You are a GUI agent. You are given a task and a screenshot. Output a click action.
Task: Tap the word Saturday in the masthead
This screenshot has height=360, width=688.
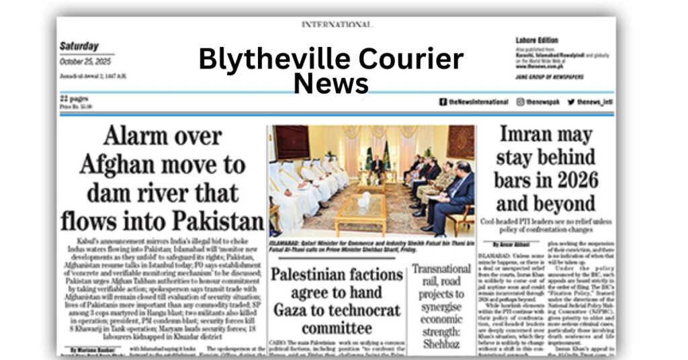[x=80, y=46]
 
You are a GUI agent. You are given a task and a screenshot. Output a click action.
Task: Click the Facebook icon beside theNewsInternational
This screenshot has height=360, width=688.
[x=443, y=102]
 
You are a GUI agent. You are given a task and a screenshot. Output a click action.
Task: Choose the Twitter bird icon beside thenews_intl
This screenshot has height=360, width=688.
[x=570, y=102]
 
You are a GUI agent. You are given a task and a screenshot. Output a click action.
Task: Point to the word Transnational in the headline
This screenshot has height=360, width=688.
[x=441, y=269]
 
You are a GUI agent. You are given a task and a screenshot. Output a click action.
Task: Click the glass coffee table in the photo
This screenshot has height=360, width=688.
[x=360, y=212]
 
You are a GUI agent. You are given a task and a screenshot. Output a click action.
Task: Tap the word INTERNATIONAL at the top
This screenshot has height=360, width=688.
[x=336, y=25]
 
